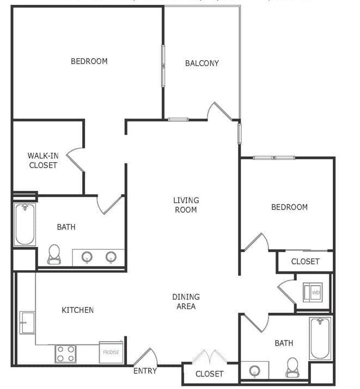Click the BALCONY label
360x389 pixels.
[202, 63]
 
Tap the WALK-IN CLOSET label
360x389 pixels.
[43, 160]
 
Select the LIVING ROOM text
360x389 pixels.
[186, 205]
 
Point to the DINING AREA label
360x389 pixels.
[186, 301]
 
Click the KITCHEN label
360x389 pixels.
[77, 310]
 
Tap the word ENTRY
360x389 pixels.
[145, 371]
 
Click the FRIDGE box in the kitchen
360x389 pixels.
[111, 352]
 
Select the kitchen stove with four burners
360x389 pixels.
[65, 354]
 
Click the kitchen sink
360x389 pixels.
[27, 322]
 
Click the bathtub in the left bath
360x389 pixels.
[25, 224]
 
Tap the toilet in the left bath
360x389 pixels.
[54, 254]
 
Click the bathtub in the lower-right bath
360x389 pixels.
[320, 338]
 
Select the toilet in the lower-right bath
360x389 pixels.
[292, 367]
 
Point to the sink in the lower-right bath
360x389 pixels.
[255, 371]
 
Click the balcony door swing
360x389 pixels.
[219, 111]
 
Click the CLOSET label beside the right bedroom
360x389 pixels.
[305, 262]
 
